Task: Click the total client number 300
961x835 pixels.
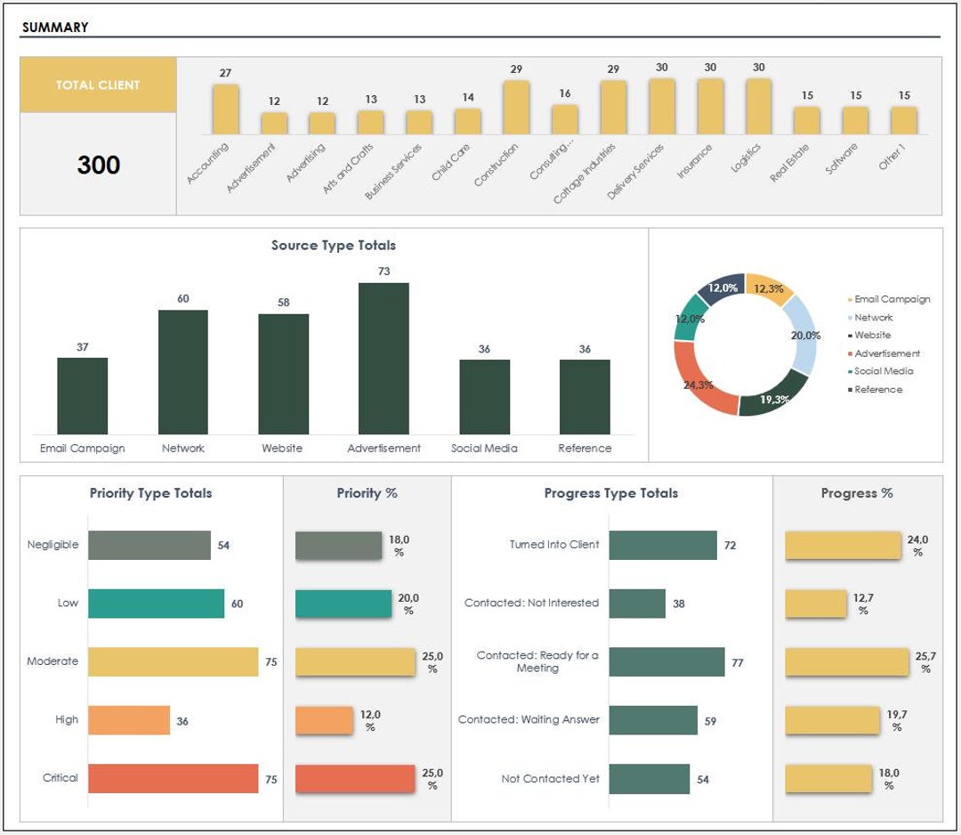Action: (x=98, y=165)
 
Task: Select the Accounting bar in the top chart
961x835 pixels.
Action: (x=225, y=109)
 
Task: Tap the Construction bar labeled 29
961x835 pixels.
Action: (x=516, y=107)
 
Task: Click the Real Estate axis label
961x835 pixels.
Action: (x=789, y=162)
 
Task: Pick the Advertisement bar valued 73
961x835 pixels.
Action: (x=384, y=358)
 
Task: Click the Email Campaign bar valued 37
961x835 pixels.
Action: (x=82, y=395)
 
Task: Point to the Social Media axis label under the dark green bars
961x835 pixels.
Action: (x=484, y=449)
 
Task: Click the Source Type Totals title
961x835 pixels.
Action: (x=334, y=245)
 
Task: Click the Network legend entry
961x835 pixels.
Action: (x=873, y=318)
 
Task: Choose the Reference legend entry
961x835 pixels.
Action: (x=877, y=390)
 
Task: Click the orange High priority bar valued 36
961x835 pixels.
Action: (x=129, y=720)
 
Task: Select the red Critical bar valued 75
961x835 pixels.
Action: (x=173, y=779)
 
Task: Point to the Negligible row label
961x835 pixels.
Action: (x=52, y=545)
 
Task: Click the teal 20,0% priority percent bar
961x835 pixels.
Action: (x=343, y=604)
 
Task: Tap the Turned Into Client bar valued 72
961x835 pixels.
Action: (x=663, y=545)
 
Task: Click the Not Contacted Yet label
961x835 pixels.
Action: (x=550, y=779)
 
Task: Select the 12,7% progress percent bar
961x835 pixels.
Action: (x=815, y=604)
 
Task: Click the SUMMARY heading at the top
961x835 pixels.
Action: (x=55, y=27)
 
